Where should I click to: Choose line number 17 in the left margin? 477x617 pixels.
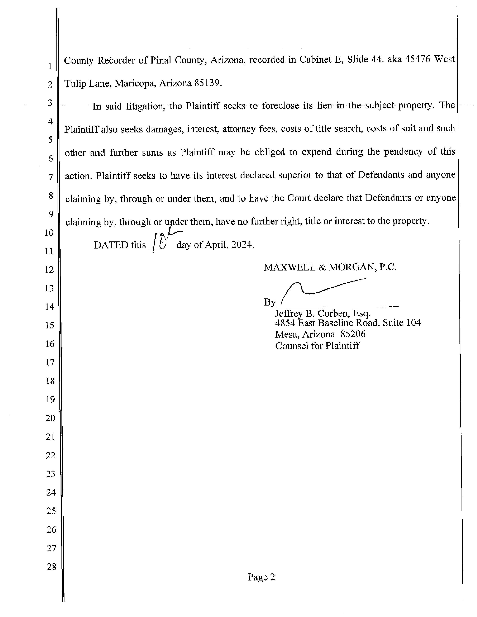pos(50,362)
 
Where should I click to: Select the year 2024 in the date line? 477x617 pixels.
pos(242,244)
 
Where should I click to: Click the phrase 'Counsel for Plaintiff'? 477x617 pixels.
pos(317,346)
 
